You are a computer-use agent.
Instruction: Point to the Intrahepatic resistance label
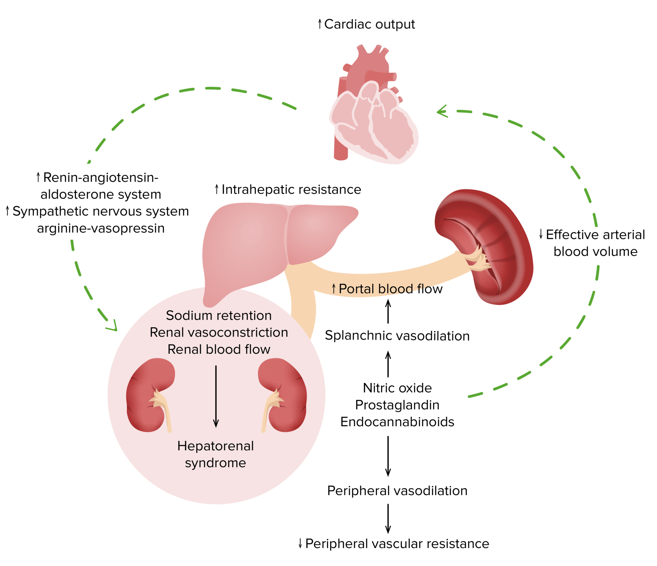pyautogui.click(x=288, y=190)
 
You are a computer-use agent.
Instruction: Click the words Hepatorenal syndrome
pyautogui.click(x=215, y=454)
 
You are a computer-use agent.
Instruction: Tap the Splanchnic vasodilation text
pyautogui.click(x=397, y=336)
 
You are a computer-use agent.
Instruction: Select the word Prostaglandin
pyautogui.click(x=397, y=405)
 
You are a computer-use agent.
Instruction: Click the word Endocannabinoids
pyautogui.click(x=397, y=422)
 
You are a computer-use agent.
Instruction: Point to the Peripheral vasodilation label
pyautogui.click(x=397, y=491)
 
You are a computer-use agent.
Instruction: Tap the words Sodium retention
pyautogui.click(x=219, y=316)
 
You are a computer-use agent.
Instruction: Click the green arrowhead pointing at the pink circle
pyautogui.click(x=113, y=326)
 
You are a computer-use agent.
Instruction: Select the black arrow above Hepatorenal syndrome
pyautogui.click(x=216, y=396)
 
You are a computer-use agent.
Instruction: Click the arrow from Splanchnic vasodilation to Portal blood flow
pyautogui.click(x=388, y=311)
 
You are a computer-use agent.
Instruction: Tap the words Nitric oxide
pyautogui.click(x=397, y=388)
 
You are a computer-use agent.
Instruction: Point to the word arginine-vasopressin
pyautogui.click(x=101, y=228)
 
